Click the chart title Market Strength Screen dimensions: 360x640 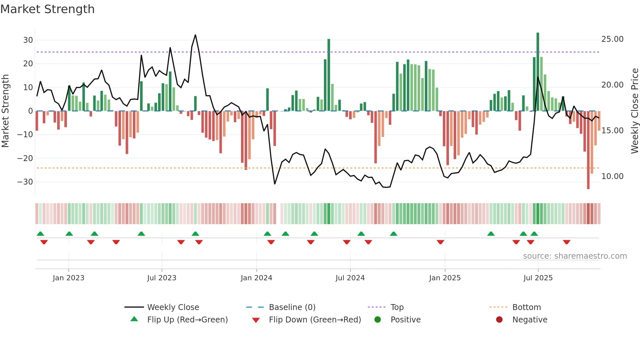coord(47,9)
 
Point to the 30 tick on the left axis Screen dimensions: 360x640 coord(28,40)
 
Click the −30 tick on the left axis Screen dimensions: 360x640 coord(25,182)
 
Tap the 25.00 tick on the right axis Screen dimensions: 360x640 coord(612,39)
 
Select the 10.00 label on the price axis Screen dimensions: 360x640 coord(612,176)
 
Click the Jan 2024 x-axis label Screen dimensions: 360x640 coord(256,278)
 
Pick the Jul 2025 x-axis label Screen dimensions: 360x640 coord(538,278)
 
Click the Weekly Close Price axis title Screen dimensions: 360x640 coord(634,111)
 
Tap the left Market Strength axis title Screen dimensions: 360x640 coord(5,111)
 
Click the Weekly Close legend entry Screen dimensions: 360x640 coord(173,307)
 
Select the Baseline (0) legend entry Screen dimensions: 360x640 coord(292,307)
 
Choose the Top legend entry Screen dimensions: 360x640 coord(397,307)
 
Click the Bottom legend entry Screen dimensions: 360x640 coord(526,307)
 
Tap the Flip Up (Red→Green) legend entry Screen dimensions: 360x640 coord(187,320)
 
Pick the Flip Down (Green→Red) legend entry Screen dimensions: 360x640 coord(315,320)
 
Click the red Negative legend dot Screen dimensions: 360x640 coord(499,320)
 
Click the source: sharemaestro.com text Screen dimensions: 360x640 coord(575,256)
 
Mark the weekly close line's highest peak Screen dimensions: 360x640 coord(195,35)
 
